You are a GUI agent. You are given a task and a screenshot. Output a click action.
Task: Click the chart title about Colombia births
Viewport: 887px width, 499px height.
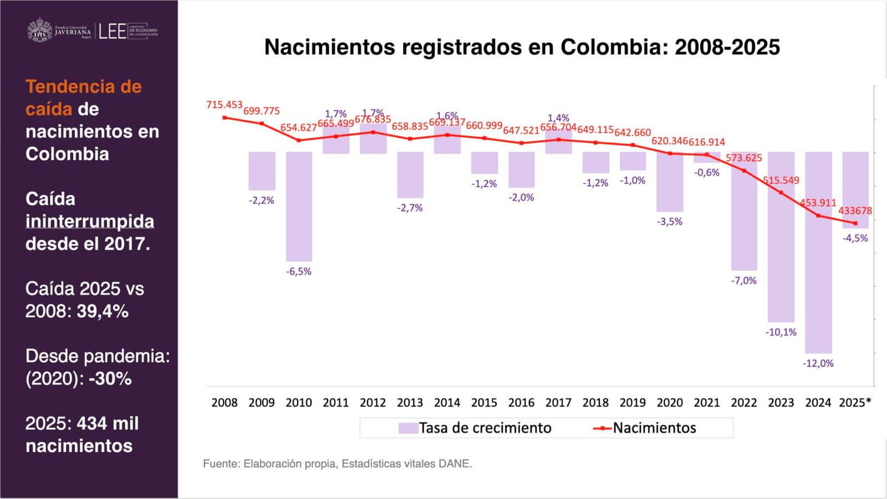(522, 47)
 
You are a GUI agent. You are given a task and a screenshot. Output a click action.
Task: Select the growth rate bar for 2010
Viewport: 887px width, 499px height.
(299, 206)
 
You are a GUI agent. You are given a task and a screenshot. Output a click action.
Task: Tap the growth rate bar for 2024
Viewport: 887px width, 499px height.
(818, 253)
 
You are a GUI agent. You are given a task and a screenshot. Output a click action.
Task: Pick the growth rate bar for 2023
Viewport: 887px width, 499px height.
(781, 237)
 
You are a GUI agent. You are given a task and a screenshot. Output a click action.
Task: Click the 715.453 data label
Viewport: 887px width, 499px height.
(225, 105)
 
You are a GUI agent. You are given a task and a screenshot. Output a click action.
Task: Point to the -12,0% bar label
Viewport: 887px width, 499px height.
(818, 363)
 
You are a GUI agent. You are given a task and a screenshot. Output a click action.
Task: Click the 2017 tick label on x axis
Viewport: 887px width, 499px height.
(558, 403)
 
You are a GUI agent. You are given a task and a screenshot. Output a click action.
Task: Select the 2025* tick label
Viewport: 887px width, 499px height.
(855, 403)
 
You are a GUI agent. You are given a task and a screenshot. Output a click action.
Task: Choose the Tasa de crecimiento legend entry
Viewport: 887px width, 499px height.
(475, 428)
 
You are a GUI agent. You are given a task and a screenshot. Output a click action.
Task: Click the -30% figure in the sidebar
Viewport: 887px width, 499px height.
(110, 379)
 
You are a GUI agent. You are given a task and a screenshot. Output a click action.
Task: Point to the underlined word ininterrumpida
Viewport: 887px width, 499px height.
(90, 222)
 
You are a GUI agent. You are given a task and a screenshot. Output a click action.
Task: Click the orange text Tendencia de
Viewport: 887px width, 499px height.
(84, 87)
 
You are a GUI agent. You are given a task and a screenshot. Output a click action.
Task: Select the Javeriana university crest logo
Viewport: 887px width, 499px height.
(39, 30)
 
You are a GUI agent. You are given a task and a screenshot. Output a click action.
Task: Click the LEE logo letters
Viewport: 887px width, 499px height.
(113, 31)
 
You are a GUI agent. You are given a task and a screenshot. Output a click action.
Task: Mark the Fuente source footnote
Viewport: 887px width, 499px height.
(337, 464)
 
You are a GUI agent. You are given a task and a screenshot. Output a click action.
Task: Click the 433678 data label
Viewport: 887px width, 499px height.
(855, 211)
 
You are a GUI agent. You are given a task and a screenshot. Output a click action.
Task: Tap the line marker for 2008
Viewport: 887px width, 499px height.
(225, 117)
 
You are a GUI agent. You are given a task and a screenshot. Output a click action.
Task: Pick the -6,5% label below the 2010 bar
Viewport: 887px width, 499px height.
(299, 271)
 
